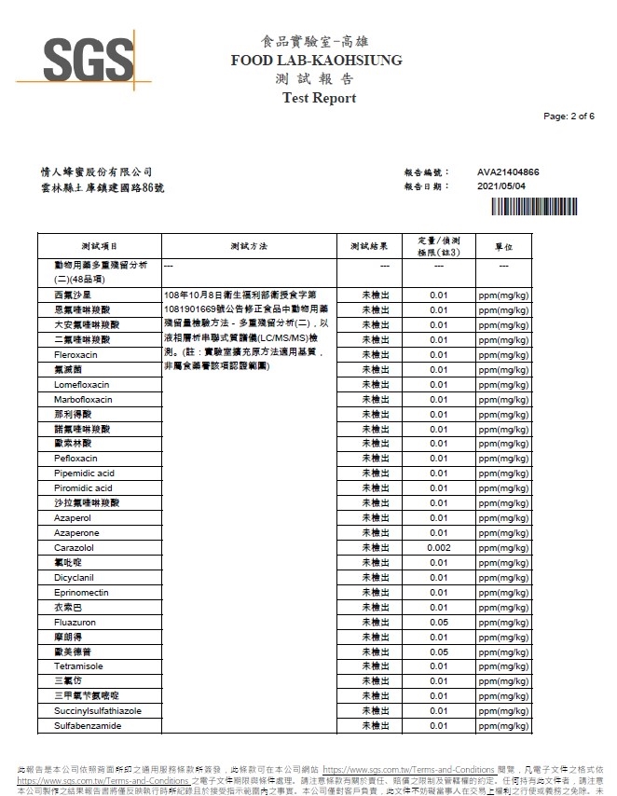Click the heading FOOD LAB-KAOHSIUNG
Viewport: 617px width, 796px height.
316,61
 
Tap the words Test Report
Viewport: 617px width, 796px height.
319,98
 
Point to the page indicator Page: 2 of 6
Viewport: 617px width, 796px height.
569,117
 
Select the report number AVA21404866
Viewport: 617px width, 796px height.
508,172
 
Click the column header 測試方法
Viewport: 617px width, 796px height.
248,246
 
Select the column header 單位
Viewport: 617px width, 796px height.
503,246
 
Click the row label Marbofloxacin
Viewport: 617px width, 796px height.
83,399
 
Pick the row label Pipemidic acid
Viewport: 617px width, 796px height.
84,473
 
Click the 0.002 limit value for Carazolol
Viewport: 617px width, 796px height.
439,547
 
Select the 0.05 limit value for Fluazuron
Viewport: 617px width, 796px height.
439,622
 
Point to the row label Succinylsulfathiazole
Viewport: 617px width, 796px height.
98,710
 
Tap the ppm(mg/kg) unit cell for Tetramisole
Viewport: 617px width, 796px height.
503,666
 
